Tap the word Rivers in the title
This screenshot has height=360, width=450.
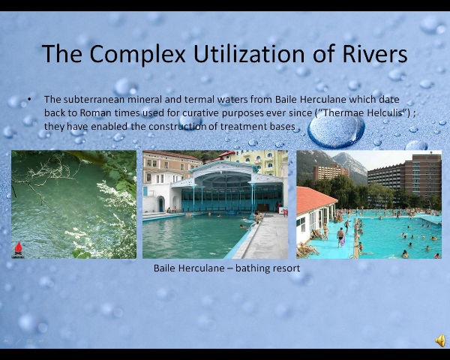375,53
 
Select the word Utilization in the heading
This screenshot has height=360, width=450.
249,53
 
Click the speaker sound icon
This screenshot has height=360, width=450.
440,340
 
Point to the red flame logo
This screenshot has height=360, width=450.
18,248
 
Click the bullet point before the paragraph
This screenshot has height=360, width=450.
29,99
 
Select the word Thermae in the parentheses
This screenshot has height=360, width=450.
339,112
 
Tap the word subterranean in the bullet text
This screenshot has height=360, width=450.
94,99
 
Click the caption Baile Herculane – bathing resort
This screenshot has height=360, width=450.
226,268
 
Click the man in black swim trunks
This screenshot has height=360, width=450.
340,236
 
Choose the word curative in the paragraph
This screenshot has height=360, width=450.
200,112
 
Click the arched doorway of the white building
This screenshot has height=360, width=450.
160,204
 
